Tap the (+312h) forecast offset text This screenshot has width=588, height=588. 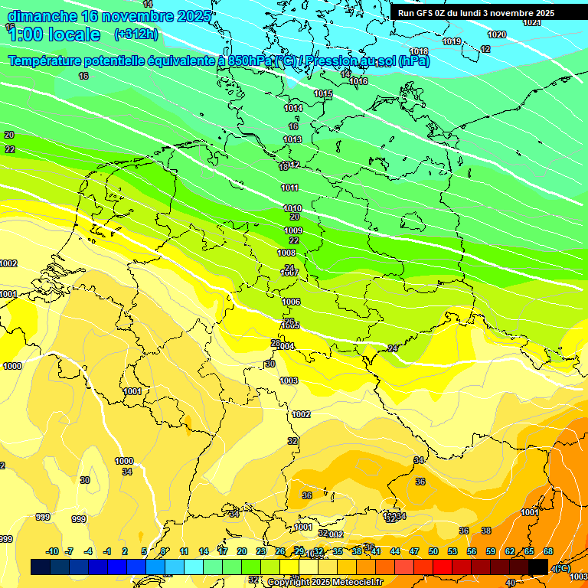coord(136,34)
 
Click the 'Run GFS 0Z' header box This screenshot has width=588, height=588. coord(475,13)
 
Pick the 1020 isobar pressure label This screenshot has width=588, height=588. coord(497,34)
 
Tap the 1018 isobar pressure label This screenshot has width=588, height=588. coord(419,52)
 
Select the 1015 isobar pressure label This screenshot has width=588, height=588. coord(323,93)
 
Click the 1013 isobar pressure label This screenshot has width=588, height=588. coord(292,139)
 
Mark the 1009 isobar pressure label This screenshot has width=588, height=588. coord(293,230)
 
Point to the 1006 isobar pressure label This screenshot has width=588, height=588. coord(291,302)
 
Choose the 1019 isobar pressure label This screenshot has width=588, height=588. coord(452,41)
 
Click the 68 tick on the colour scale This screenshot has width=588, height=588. coord(548,552)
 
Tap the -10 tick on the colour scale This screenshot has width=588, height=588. coord(52,552)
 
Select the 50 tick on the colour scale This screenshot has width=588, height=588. coord(433,552)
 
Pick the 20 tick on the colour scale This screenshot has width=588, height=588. coord(242,552)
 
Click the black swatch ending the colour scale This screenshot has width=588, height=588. coord(538,567)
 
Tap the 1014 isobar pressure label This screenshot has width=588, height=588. coord(293,108)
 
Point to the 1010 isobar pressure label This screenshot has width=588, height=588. coord(292,208)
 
